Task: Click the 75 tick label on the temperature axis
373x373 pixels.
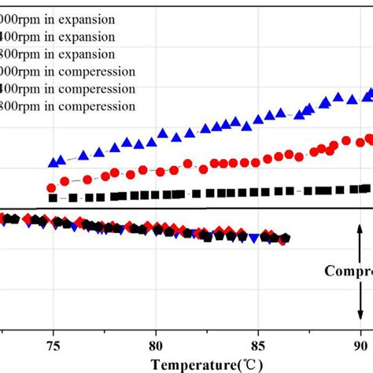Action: pos(53,345)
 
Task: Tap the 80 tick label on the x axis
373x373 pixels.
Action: pos(156,345)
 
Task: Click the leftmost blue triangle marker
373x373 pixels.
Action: pos(54,162)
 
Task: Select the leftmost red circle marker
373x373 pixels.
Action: pos(52,188)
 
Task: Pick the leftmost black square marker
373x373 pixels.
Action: pos(53,198)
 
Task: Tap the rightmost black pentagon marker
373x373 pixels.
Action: pos(285,238)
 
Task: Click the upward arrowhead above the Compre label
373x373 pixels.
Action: pos(360,236)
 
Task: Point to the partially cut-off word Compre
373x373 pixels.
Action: pos(348,271)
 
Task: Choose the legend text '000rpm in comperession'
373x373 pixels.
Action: pos(68,72)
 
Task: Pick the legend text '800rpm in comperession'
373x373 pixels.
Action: pos(68,107)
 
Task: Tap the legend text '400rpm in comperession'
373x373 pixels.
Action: pos(68,90)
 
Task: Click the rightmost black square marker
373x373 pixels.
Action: pos(365,188)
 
